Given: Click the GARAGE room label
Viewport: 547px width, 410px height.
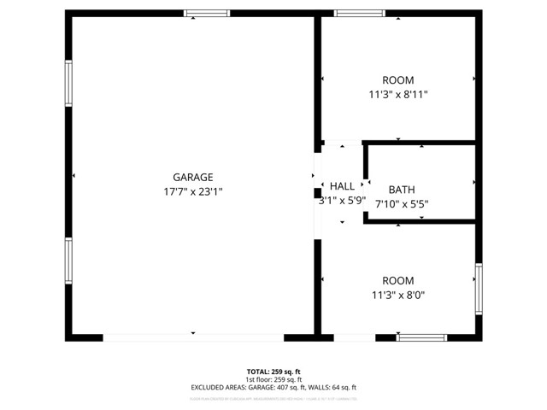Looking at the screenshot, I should tap(192, 178).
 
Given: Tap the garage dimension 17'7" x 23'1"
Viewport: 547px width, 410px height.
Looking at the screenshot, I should tap(192, 192).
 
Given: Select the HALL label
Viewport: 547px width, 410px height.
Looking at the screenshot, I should tap(342, 186).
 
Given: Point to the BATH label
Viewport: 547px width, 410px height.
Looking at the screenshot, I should tap(402, 190).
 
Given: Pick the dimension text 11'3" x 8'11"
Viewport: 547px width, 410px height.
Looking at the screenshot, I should tap(398, 95).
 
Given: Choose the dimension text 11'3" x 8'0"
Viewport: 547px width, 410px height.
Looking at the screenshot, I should tap(398, 296).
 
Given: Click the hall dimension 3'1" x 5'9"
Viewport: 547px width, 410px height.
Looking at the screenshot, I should tap(342, 201).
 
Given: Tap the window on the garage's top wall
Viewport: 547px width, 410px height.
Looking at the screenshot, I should tap(208, 14).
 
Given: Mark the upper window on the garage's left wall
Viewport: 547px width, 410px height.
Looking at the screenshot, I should tap(68, 84).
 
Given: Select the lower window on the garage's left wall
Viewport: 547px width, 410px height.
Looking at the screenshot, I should tap(68, 261).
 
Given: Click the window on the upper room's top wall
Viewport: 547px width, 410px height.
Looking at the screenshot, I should tap(358, 14).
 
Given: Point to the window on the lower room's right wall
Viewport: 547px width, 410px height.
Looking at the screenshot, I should tap(479, 289).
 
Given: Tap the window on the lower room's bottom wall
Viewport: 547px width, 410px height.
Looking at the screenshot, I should tap(422, 337).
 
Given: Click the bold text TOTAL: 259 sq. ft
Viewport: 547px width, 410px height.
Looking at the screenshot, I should tap(273, 372).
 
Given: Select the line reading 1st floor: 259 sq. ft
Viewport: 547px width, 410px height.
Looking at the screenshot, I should tap(273, 379).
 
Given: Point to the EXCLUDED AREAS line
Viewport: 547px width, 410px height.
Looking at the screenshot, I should tap(273, 388).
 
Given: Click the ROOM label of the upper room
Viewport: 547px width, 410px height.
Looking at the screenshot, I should tap(398, 80).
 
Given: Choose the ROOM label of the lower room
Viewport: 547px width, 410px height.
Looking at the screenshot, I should tap(398, 281).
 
